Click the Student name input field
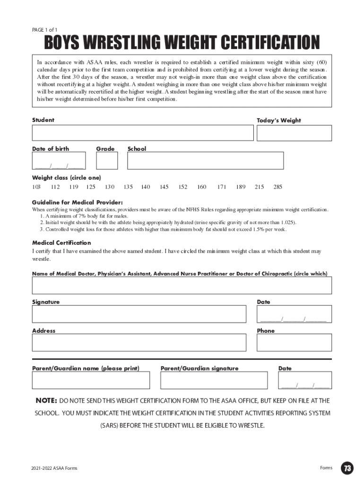coord(143,133)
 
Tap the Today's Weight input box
coord(294,133)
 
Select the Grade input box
coord(107,161)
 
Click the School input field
coord(206,161)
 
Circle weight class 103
coord(36,187)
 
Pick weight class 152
coord(183,187)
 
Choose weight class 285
coord(277,187)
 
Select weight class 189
coord(241,187)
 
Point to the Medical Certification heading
coord(61,243)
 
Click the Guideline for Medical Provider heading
coord(77,202)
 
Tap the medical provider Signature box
coord(139,314)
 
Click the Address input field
coord(139,343)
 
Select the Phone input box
coord(294,343)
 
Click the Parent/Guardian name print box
coord(91,380)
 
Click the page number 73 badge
coord(348,468)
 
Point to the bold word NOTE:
coord(47,401)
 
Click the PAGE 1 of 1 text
coord(45,30)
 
